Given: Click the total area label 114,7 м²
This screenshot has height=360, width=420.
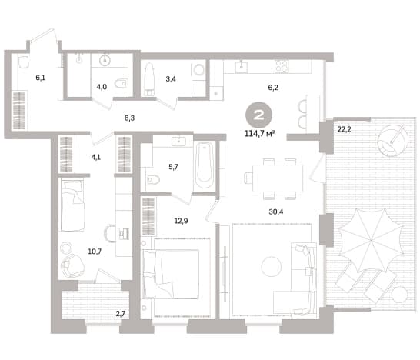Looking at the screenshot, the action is pyautogui.click(x=259, y=133).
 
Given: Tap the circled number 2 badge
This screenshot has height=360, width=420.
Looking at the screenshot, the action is pyautogui.click(x=258, y=115).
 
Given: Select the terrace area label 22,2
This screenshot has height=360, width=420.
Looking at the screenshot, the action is pyautogui.click(x=344, y=129).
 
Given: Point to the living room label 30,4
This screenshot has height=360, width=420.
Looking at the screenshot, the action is pyautogui.click(x=276, y=212).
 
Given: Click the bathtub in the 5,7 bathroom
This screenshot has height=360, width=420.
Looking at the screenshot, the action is pyautogui.click(x=205, y=165).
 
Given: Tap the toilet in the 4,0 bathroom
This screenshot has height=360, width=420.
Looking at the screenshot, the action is pyautogui.click(x=121, y=83).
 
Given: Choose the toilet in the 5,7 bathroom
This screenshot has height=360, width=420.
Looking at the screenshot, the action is pyautogui.click(x=153, y=179).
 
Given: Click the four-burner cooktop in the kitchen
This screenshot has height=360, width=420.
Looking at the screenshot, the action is pyautogui.click(x=282, y=66).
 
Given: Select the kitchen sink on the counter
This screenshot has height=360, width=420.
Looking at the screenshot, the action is pyautogui.click(x=242, y=67).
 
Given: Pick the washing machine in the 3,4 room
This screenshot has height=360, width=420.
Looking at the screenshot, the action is pyautogui.click(x=198, y=70).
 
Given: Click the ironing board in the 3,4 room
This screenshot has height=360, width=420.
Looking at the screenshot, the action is pyautogui.click(x=148, y=79).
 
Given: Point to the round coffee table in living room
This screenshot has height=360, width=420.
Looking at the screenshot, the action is pyautogui.click(x=272, y=266).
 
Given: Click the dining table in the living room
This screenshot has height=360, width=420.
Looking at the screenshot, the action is pyautogui.click(x=278, y=178).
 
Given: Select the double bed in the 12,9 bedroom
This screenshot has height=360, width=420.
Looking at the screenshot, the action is pyautogui.click(x=171, y=274).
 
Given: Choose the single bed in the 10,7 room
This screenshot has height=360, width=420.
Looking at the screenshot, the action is pyautogui.click(x=72, y=205).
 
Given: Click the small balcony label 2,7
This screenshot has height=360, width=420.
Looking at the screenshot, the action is pyautogui.click(x=120, y=314).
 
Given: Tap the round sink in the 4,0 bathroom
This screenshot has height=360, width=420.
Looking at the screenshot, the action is pyautogui.click(x=105, y=60).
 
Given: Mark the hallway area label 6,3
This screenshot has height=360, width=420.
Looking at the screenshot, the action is pyautogui.click(x=129, y=118).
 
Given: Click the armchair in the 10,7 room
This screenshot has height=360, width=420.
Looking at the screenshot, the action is pyautogui.click(x=72, y=265).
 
